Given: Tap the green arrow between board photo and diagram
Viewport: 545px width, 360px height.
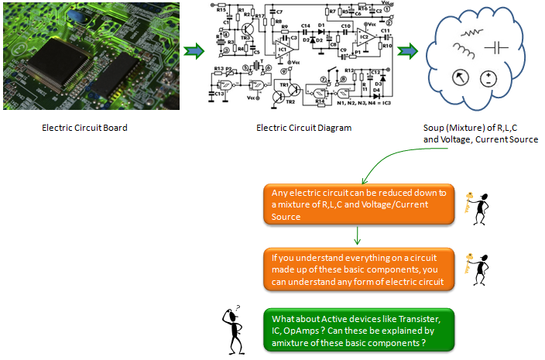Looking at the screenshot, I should pos(193,52).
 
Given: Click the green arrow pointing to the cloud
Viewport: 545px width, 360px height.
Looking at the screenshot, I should pos(407,52).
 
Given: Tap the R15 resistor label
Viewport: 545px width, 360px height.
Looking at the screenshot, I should pos(221,10).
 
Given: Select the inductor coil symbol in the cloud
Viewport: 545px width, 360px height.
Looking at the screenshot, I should pos(464,52).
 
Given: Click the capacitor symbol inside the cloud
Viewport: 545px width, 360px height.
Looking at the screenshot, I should pos(495,47).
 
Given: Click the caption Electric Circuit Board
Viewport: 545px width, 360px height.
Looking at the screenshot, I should pos(84,128).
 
